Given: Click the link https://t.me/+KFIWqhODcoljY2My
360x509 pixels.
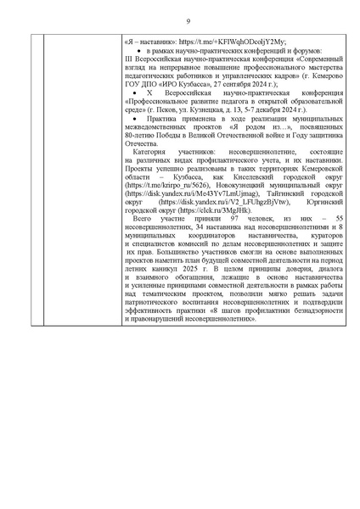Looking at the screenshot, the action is [215, 41].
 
